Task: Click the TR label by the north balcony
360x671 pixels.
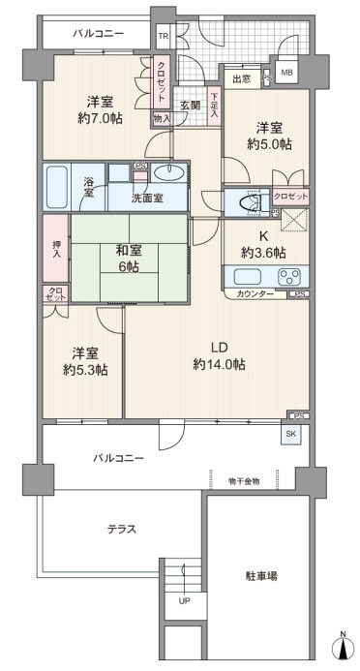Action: (163, 36)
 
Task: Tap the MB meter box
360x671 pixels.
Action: (285, 73)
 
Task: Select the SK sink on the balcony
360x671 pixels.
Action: (290, 434)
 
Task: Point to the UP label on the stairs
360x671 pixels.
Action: (184, 601)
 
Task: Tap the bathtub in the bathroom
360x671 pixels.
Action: (55, 187)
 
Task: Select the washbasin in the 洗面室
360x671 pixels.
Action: (168, 172)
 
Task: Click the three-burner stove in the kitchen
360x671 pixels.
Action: (289, 277)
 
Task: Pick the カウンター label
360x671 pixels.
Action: (255, 293)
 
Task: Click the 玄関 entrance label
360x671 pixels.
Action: (190, 106)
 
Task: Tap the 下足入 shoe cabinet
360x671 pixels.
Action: (214, 107)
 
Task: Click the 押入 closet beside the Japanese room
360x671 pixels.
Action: (56, 249)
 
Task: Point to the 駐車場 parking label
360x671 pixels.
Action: (261, 575)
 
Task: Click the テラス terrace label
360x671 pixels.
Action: (122, 530)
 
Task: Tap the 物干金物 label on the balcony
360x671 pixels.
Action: (243, 481)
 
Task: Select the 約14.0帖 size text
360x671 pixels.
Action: (219, 365)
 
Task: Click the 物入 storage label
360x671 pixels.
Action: (162, 119)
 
